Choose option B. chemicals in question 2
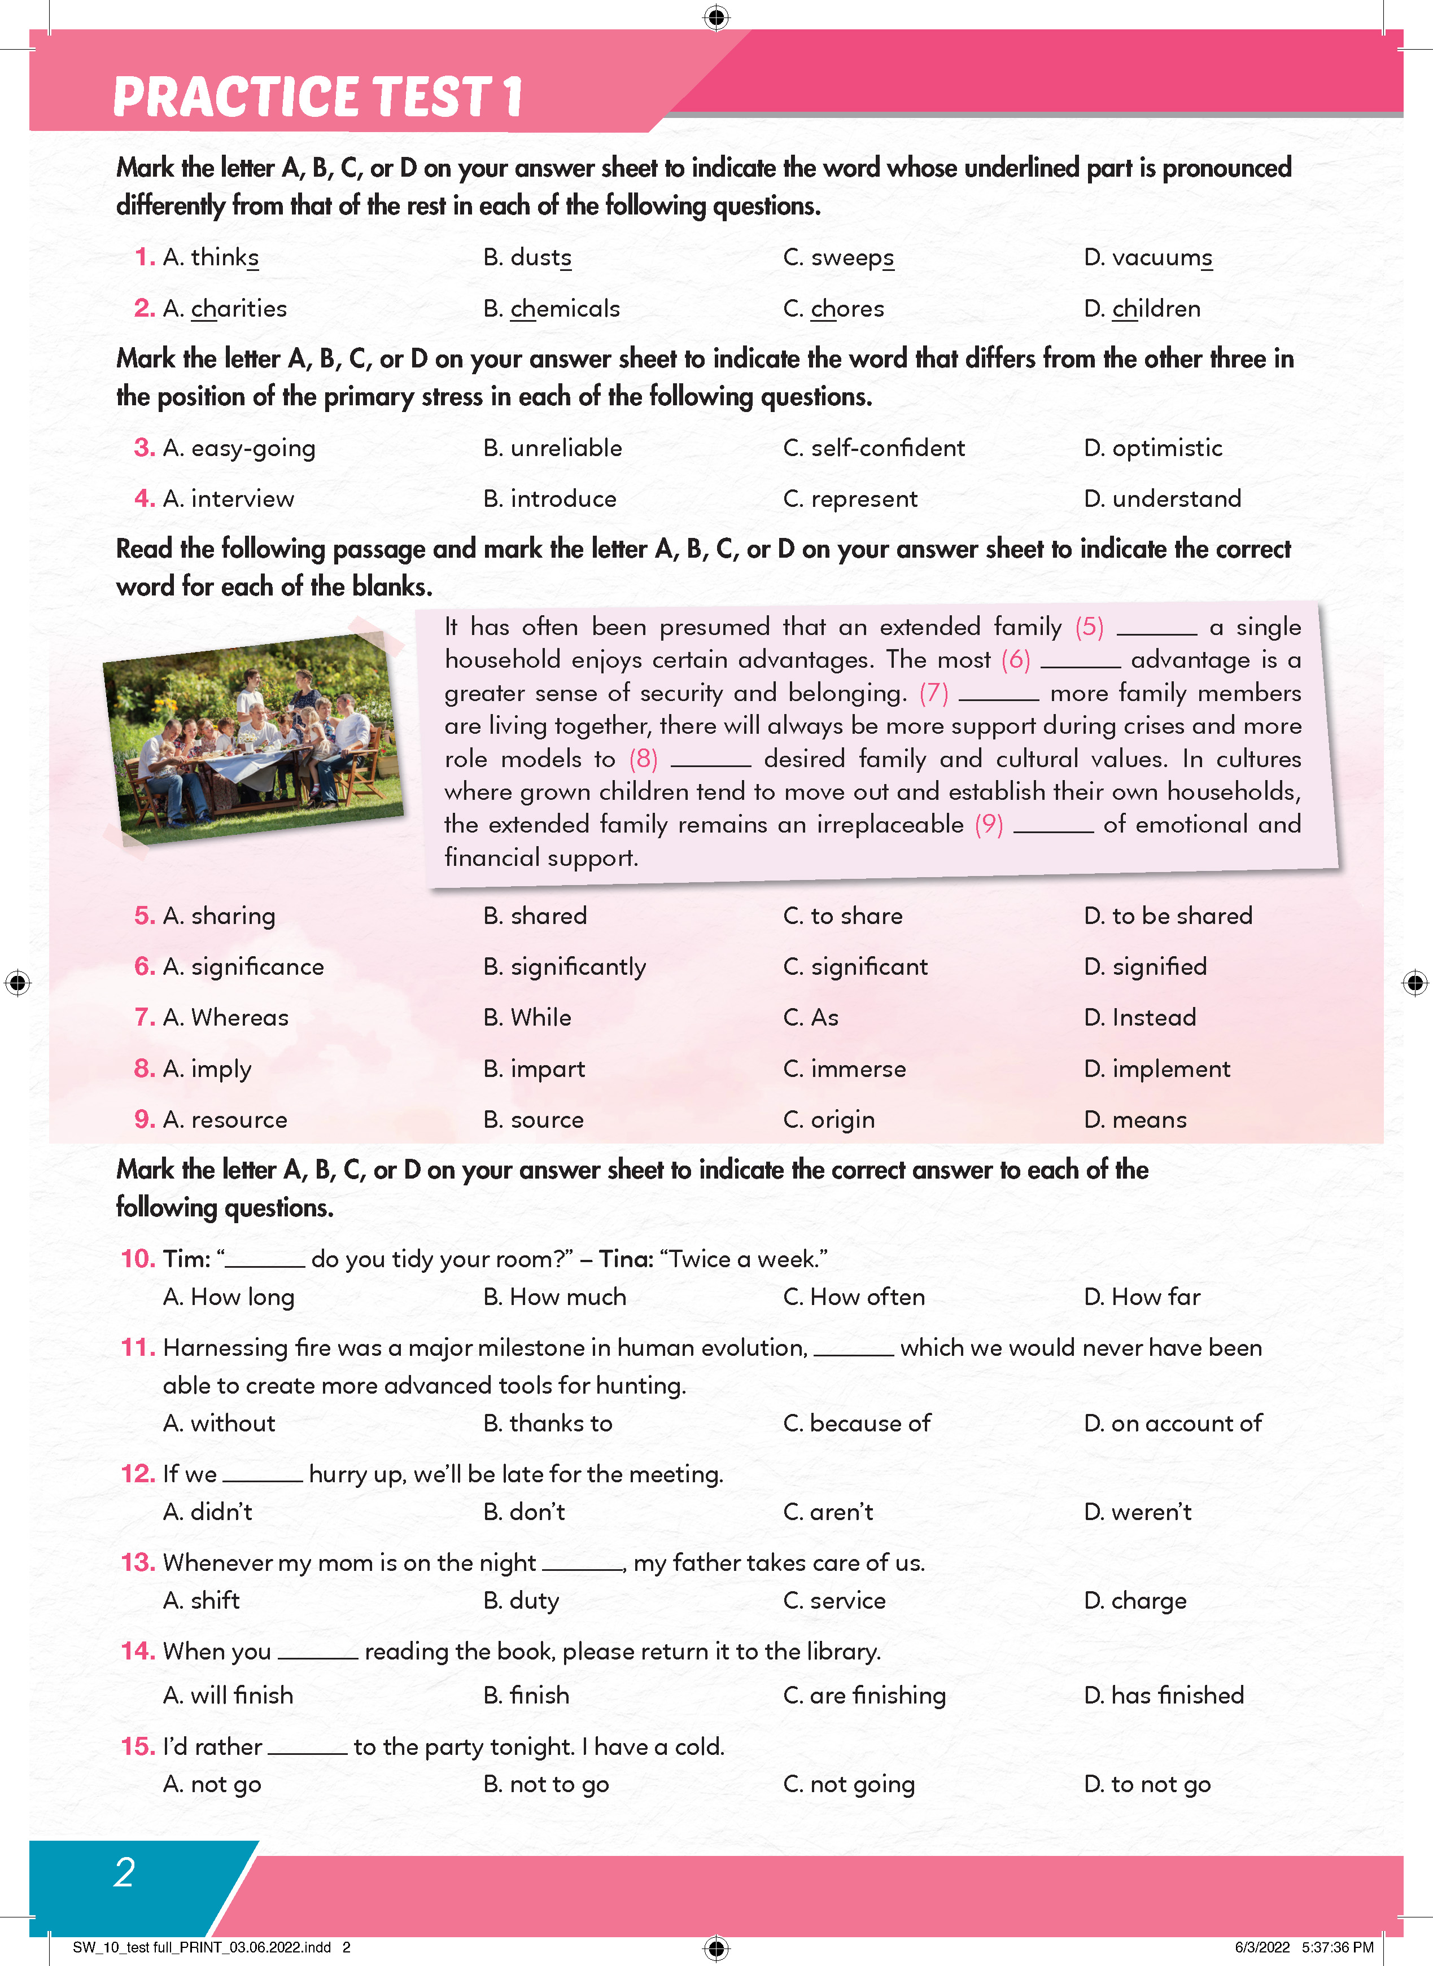[552, 309]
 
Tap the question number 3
[144, 448]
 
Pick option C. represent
[850, 498]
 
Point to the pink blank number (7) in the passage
[933, 693]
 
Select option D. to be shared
[1168, 916]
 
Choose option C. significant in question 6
[855, 967]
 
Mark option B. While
[527, 1017]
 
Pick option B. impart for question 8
[534, 1069]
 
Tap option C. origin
[829, 1119]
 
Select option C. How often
[854, 1297]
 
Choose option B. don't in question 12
[524, 1512]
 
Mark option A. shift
[201, 1601]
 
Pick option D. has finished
[1164, 1696]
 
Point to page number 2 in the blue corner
[125, 1872]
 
